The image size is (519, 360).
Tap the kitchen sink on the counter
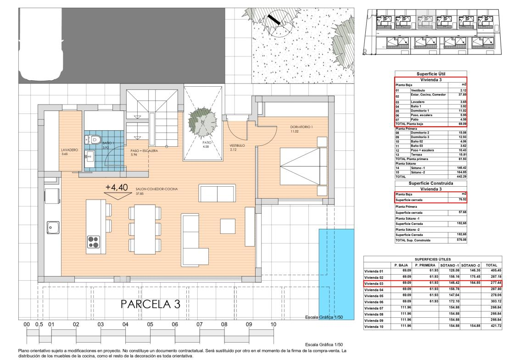coord(53,227)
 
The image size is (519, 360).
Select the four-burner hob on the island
coord(93,242)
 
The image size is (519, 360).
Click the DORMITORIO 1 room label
coord(301,127)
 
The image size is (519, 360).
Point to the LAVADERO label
coord(69,150)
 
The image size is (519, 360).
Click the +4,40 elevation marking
coord(117,187)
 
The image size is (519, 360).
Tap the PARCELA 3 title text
coord(151,304)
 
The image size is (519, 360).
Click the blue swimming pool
coord(336,274)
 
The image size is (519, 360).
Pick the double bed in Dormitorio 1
coord(303,166)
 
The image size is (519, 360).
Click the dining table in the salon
coord(145,229)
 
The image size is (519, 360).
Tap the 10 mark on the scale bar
coord(273,325)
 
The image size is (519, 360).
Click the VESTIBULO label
coord(237,145)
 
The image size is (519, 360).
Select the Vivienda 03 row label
coord(374,283)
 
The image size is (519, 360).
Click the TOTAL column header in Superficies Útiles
coord(491,265)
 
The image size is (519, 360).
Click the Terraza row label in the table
coord(417,155)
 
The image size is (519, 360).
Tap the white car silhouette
coord(41,44)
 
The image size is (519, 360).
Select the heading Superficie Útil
coord(431,74)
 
